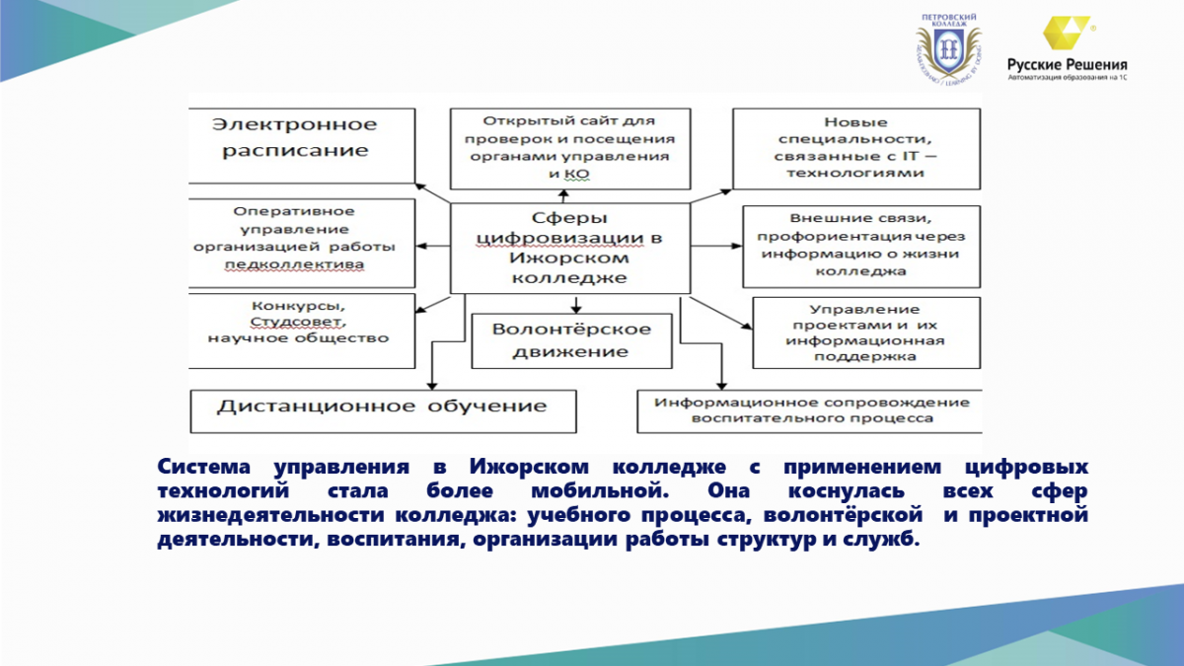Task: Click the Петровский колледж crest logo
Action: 949,48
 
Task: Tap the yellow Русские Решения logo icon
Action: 1066,33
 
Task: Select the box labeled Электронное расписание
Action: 302,146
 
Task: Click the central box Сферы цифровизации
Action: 570,248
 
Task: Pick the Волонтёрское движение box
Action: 572,341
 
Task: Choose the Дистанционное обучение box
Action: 383,411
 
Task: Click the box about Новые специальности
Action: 856,149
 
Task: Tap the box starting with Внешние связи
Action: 861,247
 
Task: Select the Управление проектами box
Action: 866,333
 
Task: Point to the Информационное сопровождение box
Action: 809,411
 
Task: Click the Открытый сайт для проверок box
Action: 570,149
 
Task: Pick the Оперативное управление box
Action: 302,243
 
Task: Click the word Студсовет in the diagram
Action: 298,322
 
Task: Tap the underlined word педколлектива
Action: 294,264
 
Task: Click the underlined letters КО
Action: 577,174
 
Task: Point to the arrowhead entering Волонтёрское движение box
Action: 576,309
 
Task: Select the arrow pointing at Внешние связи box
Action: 716,246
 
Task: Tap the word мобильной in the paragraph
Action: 600,491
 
